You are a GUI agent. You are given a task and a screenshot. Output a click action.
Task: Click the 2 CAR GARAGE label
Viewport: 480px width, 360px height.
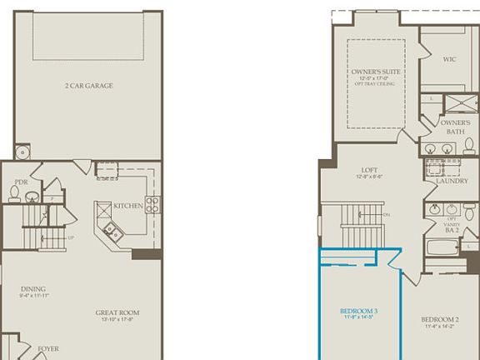(88, 86)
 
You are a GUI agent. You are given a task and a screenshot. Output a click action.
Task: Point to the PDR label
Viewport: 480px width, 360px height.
(22, 182)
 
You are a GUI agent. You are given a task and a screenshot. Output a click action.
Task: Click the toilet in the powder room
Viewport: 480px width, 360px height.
(14, 193)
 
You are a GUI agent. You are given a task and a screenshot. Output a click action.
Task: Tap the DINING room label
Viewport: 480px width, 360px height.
(33, 289)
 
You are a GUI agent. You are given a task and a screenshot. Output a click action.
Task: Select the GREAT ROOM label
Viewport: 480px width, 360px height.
(117, 313)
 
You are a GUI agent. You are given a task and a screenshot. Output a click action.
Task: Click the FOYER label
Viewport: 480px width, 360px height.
(47, 348)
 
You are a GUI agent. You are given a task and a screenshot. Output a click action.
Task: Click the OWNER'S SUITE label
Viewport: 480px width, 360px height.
(375, 72)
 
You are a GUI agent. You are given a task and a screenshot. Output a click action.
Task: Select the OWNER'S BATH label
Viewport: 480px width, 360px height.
(456, 127)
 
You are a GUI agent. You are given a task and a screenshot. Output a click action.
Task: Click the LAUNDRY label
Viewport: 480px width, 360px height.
(451, 179)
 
